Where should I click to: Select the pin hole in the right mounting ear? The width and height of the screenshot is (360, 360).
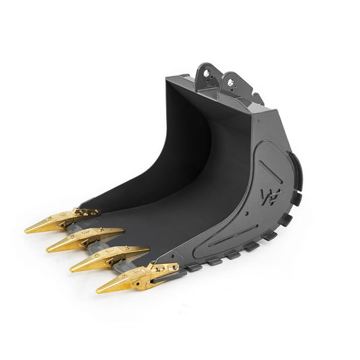point(231,83)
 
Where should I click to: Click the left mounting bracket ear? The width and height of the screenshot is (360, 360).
point(205,74)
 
